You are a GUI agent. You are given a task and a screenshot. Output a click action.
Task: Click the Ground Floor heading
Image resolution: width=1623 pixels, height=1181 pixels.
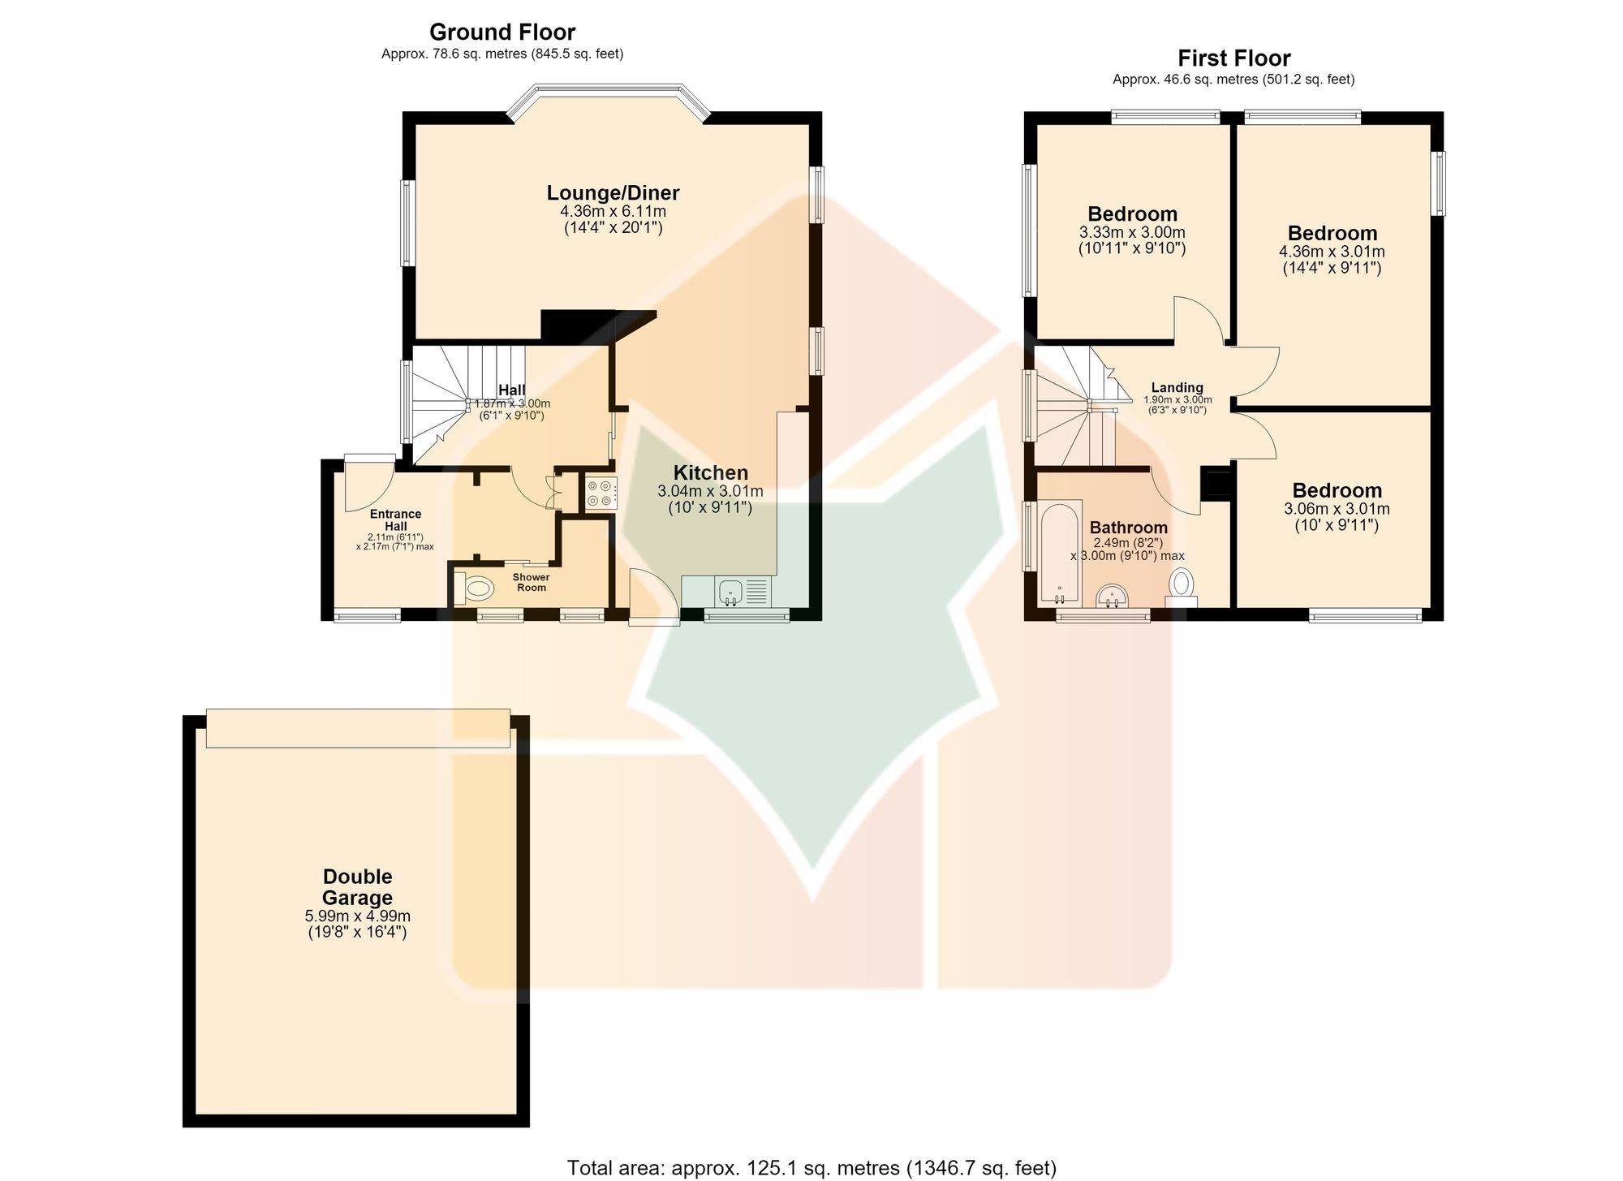(502, 32)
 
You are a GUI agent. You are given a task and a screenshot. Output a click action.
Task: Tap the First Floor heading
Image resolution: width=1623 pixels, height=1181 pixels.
(1233, 58)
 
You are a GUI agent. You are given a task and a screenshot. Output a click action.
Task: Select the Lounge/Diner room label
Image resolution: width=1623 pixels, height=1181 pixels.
(613, 193)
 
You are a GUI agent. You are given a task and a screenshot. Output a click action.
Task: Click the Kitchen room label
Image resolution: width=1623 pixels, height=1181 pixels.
(711, 472)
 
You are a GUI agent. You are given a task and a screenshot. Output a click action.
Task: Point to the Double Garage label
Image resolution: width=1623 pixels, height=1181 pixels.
(357, 887)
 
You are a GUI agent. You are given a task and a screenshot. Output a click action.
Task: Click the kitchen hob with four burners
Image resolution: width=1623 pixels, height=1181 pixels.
(601, 493)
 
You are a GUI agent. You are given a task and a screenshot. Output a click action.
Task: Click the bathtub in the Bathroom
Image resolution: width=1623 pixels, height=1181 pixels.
(1060, 553)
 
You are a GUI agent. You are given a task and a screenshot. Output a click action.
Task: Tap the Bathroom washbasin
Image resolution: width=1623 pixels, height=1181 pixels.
(1112, 597)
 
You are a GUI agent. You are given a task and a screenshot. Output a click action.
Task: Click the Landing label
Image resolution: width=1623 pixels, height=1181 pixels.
(1177, 388)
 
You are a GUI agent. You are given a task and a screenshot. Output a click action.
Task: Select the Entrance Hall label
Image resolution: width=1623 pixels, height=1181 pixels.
(396, 520)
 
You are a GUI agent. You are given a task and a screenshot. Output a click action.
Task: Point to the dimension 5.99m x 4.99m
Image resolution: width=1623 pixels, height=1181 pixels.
(357, 916)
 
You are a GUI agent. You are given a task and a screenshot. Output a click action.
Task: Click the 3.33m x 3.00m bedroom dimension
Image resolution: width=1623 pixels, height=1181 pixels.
(1132, 232)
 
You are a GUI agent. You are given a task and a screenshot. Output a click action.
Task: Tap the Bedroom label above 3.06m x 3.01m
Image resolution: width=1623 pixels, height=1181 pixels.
(1337, 490)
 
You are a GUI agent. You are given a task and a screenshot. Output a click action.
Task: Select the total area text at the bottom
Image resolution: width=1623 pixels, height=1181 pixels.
(811, 1168)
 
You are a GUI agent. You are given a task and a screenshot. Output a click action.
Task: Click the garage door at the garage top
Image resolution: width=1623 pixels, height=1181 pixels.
(358, 727)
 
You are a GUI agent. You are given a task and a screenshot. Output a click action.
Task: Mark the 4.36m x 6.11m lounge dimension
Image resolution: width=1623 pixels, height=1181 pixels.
(613, 212)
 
